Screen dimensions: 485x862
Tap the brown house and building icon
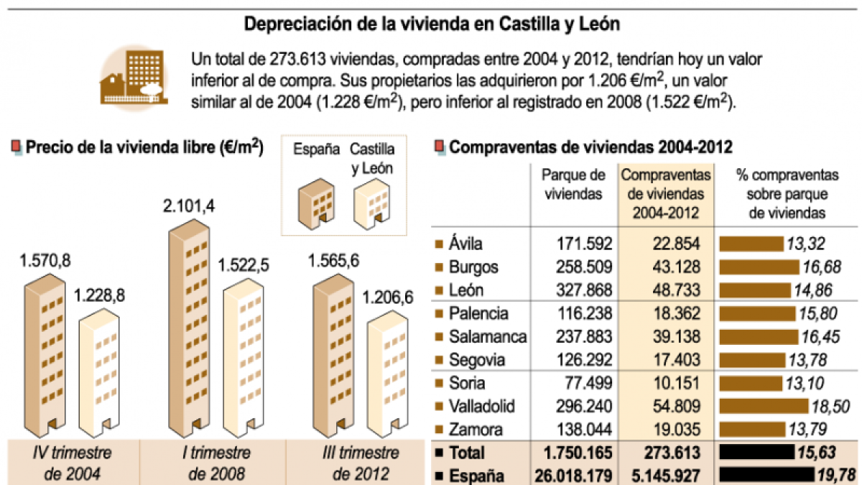[134, 78]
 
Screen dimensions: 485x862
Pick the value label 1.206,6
[388, 297]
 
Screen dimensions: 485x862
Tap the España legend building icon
[314, 204]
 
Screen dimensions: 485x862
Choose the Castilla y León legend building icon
[371, 204]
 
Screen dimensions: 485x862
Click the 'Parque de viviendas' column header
[573, 184]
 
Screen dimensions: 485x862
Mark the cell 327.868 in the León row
[584, 290]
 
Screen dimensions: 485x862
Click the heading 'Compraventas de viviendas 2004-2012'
[590, 148]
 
